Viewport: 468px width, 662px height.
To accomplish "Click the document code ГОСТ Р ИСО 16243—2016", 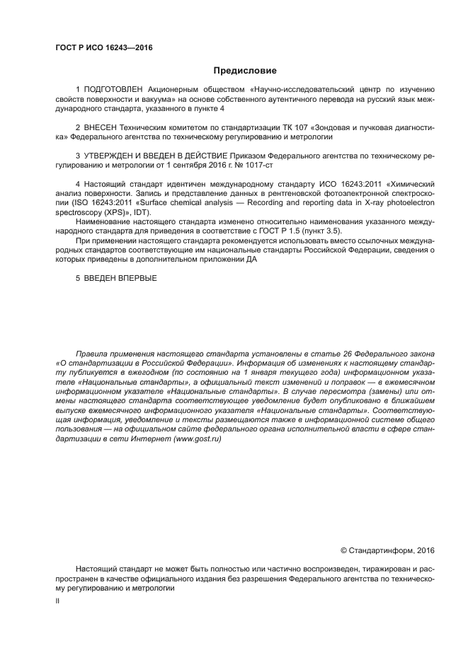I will (x=103, y=48).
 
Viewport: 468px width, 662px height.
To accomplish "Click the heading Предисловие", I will (x=244, y=71).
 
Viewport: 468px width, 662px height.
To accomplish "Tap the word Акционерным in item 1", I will (x=175, y=90).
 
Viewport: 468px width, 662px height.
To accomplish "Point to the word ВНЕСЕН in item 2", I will (x=106, y=127).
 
